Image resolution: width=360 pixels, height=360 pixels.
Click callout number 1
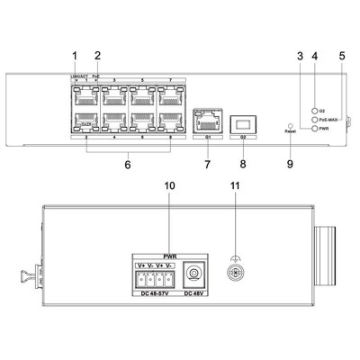point(76,56)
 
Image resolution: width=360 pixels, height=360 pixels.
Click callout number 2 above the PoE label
point(97,56)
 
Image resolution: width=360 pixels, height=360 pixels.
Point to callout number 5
point(341,56)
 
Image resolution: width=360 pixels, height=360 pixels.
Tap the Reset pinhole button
point(290,125)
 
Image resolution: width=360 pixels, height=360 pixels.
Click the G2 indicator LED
point(311,109)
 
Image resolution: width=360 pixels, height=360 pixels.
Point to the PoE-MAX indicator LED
point(311,119)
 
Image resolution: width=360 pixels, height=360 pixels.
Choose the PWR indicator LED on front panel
point(311,129)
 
